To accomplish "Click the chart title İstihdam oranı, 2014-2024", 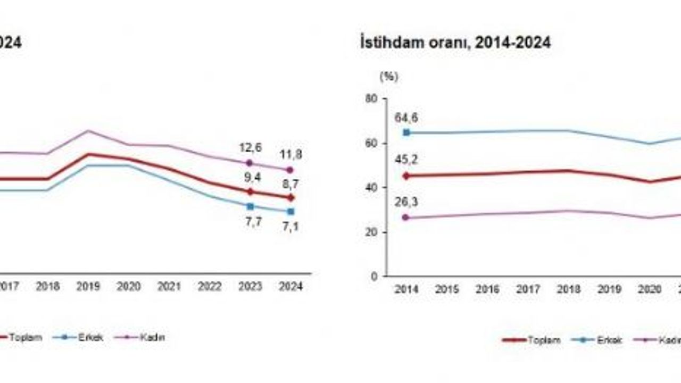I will pyautogui.click(x=455, y=43).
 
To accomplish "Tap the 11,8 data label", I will pyautogui.click(x=290, y=155).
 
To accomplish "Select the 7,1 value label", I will pyautogui.click(x=290, y=228).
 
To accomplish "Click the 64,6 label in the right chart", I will pyautogui.click(x=407, y=116).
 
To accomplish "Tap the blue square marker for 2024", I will pyautogui.click(x=290, y=212).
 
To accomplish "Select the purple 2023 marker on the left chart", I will pyautogui.click(x=250, y=163).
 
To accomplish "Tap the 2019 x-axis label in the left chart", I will pyautogui.click(x=88, y=287).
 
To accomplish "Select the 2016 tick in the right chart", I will pyautogui.click(x=487, y=289).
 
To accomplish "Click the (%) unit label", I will pyautogui.click(x=388, y=77).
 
